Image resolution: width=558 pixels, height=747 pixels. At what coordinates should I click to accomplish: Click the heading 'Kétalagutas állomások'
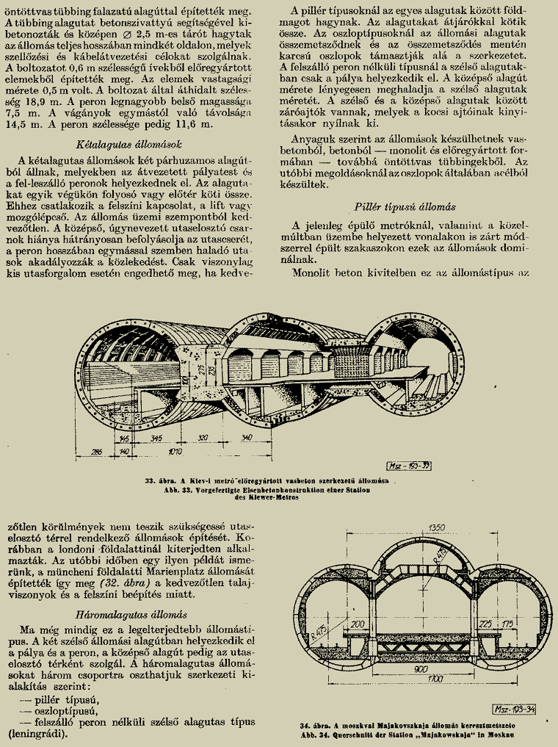click(x=139, y=145)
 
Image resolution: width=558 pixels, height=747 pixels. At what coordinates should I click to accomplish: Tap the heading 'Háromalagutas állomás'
click(x=132, y=613)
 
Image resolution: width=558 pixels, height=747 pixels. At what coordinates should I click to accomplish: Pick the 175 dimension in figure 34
click(x=526, y=624)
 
